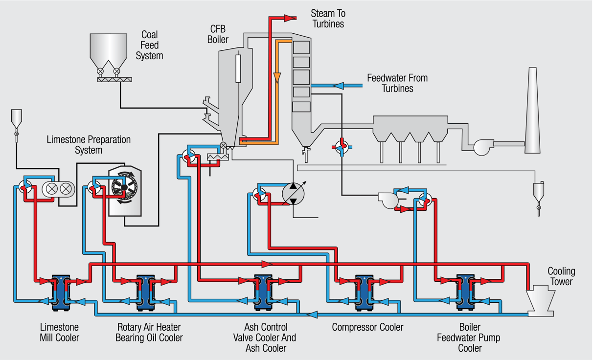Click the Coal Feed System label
coord(149,45)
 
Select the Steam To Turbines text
coord(328,19)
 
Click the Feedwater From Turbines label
coord(397,83)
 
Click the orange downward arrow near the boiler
coord(277,78)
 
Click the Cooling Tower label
coord(561,276)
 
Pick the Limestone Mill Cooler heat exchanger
coord(61,292)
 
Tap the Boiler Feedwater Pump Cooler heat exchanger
coord(466,292)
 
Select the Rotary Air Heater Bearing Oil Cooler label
coord(149,332)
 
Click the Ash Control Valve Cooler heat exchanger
coord(263,292)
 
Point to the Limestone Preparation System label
coord(89,145)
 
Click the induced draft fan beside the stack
coord(482,146)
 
